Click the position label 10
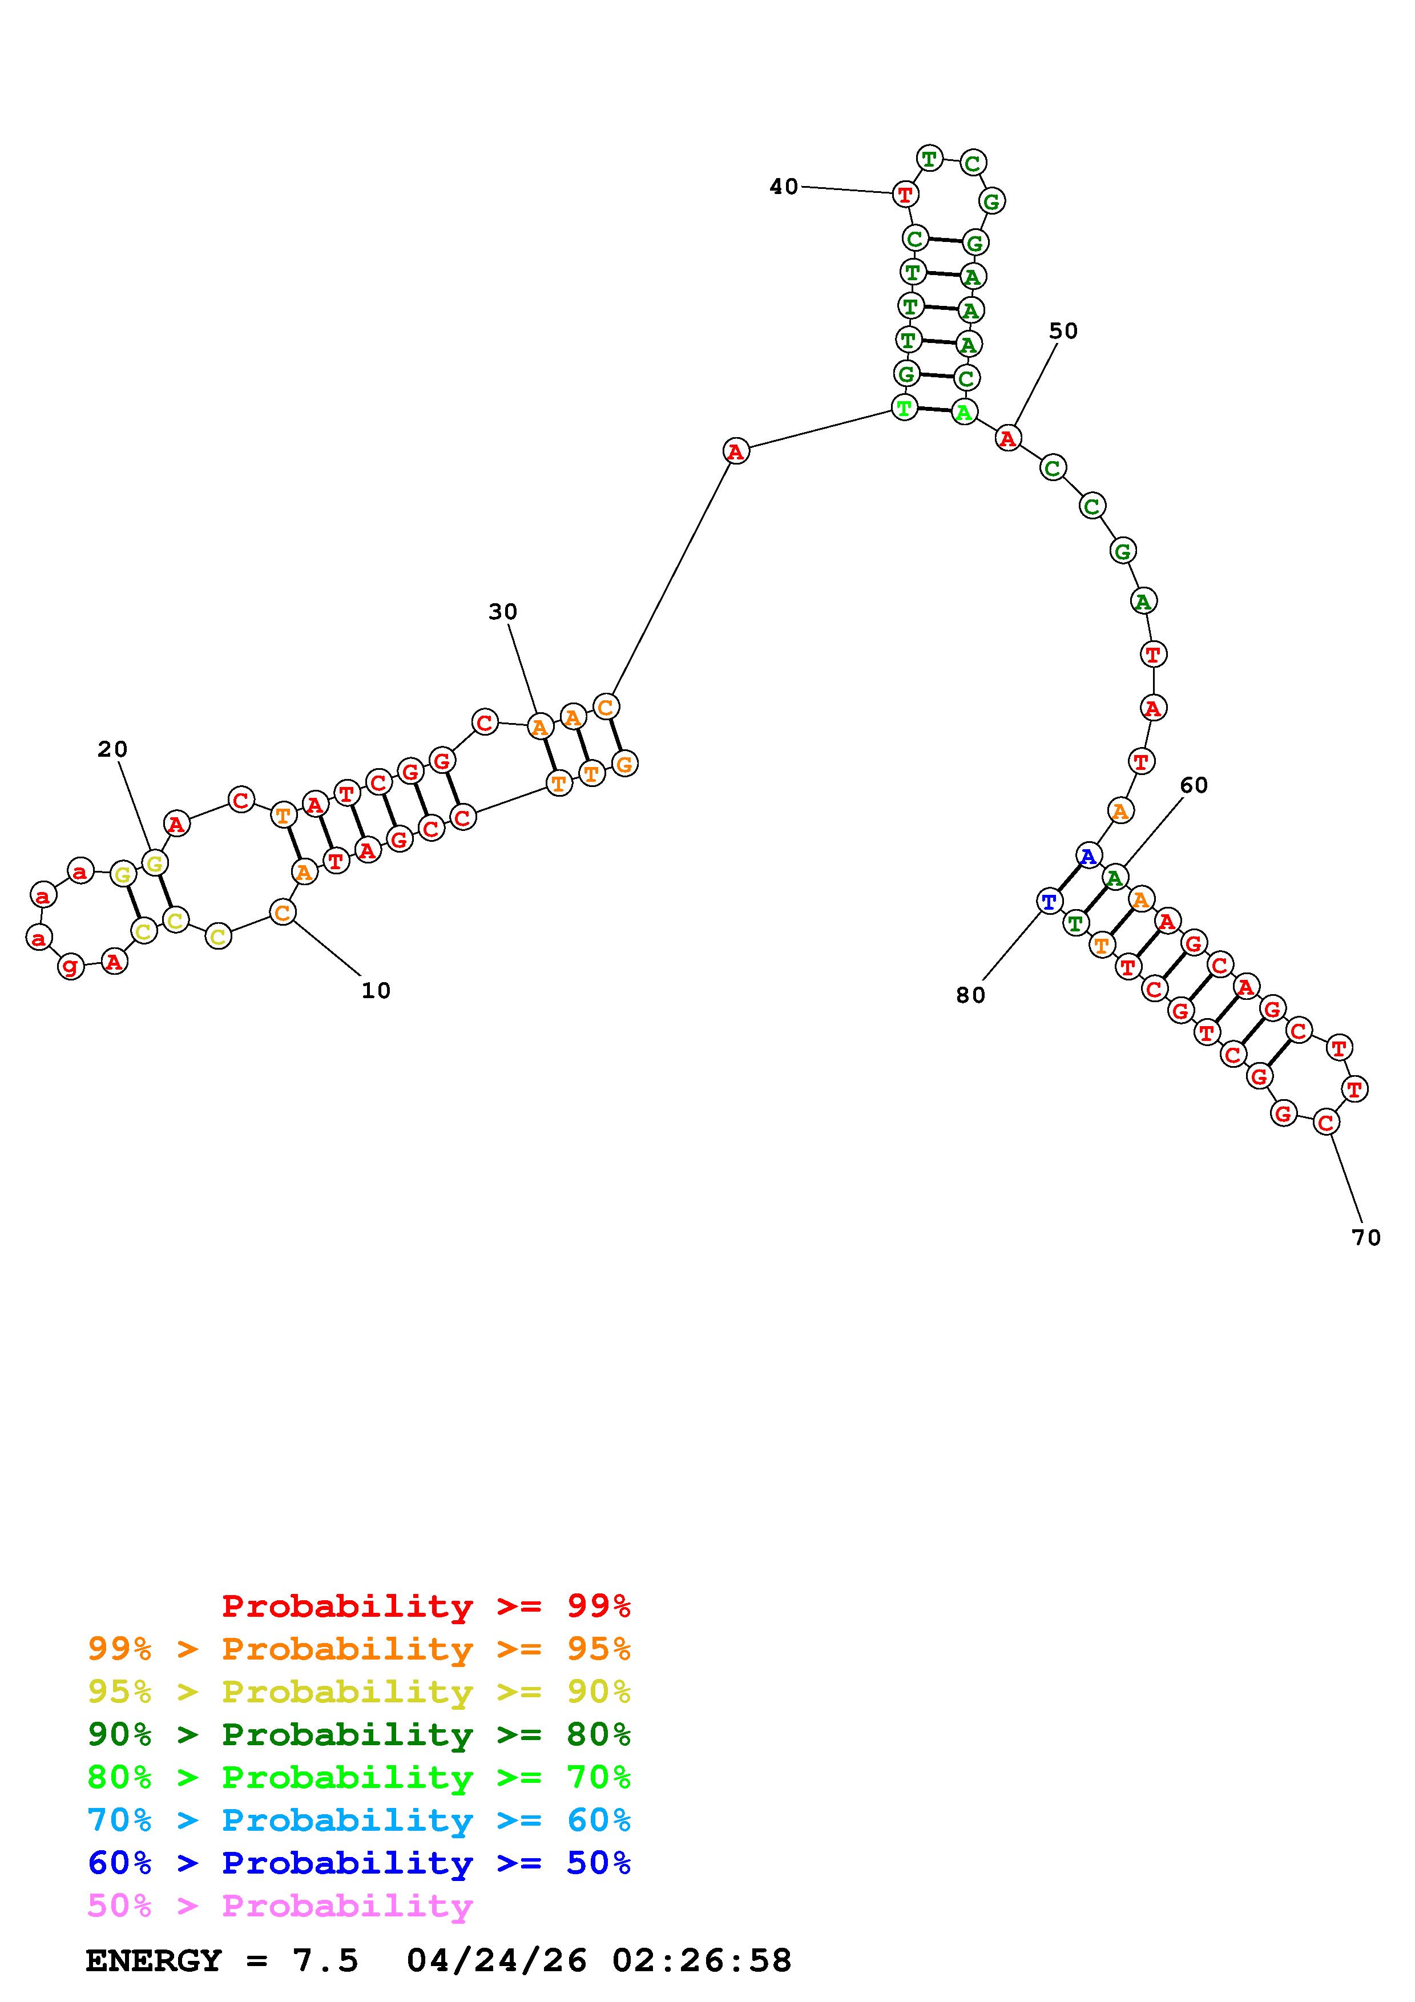[x=376, y=991]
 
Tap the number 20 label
[x=112, y=749]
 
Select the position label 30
[x=503, y=612]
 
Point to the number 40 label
[x=784, y=187]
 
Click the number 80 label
[x=970, y=995]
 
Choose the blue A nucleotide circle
[x=1088, y=855]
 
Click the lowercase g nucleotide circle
[x=71, y=966]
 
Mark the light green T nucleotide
[x=905, y=407]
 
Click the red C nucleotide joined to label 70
[x=1326, y=1122]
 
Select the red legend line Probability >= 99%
[x=426, y=1606]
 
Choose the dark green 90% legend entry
[x=359, y=1734]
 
